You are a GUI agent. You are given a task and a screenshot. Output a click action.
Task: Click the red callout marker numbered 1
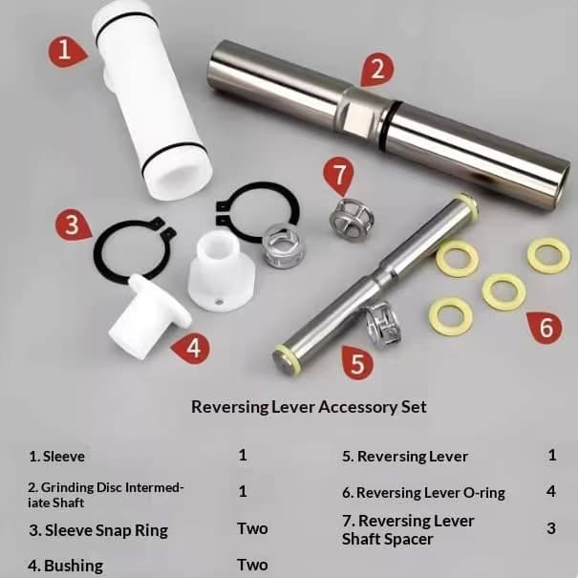(67, 52)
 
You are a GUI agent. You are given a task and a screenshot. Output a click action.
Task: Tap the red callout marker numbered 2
(376, 70)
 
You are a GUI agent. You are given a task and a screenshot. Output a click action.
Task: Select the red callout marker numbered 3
(73, 225)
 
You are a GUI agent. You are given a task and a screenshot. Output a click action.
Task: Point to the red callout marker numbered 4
(192, 349)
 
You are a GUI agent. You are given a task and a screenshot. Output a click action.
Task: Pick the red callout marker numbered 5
(356, 363)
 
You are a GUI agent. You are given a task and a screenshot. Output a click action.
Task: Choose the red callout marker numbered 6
(546, 328)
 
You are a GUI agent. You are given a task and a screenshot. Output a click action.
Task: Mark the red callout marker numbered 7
(338, 175)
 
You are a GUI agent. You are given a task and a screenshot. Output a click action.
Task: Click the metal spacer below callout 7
(352, 220)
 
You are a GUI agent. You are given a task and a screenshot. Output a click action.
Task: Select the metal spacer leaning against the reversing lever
(383, 324)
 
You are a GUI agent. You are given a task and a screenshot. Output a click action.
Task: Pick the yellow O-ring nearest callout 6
(503, 291)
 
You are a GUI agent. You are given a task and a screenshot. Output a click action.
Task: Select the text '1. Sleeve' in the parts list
(56, 457)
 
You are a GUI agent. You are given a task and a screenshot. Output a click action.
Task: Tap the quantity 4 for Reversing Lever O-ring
(551, 491)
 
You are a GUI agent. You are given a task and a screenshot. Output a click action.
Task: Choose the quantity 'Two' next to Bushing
(252, 565)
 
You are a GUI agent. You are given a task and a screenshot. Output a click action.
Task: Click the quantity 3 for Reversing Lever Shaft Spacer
(551, 528)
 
